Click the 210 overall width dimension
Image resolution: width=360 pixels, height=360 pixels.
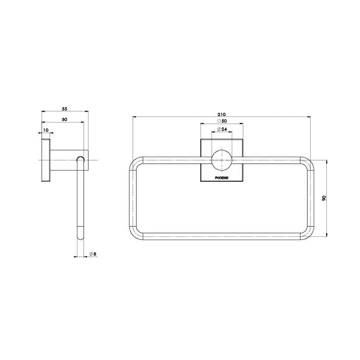click(x=221, y=113)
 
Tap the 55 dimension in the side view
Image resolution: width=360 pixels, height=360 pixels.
click(x=64, y=109)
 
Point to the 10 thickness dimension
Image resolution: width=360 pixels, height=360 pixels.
click(x=45, y=130)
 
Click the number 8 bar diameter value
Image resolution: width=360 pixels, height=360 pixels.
click(x=94, y=254)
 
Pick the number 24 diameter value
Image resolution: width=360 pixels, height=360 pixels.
click(x=224, y=129)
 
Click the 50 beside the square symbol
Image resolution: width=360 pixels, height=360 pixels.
click(x=224, y=121)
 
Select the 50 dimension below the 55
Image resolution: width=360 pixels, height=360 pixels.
click(x=64, y=119)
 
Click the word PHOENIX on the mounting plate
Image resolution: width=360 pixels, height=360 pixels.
click(x=221, y=177)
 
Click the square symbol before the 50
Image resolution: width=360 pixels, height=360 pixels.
click(x=218, y=121)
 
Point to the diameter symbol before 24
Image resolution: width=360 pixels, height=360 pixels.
click(x=218, y=129)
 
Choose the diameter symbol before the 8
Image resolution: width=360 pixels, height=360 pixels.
click(x=90, y=254)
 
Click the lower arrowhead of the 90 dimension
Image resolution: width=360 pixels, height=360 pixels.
click(x=327, y=235)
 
